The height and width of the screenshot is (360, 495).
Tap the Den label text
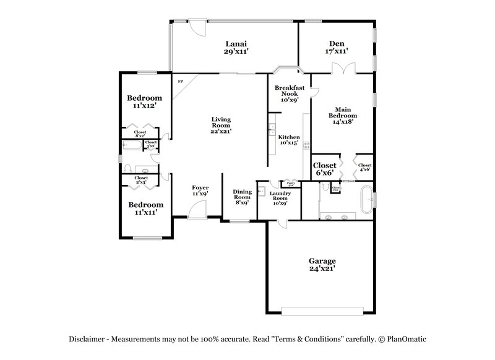click(337, 47)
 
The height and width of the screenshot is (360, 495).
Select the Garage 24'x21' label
click(322, 265)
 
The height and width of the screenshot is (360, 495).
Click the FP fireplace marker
click(181, 82)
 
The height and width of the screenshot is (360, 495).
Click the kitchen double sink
click(272, 129)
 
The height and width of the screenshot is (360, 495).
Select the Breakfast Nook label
click(290, 93)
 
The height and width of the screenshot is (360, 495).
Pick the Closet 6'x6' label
click(325, 169)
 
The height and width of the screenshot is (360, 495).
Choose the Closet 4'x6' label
click(365, 166)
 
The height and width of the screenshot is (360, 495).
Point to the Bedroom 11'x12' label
click(145, 101)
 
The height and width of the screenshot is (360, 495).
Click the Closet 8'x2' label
click(140, 133)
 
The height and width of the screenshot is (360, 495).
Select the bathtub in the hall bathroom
click(132, 146)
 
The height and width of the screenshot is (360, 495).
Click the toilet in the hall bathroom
click(127, 169)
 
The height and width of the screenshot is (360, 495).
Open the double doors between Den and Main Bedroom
click(342, 70)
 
